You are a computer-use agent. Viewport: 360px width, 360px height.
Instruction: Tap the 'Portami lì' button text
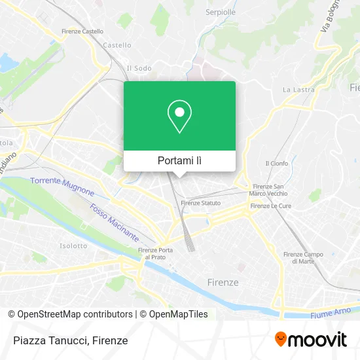pos(179,160)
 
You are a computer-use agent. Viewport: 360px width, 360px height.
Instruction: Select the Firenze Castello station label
pos(82,31)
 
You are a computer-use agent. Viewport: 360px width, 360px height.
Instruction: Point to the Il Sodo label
pos(138,67)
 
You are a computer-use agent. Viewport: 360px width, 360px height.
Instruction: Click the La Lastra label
pos(295,89)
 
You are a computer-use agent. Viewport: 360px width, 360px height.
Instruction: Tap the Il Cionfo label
pos(276,163)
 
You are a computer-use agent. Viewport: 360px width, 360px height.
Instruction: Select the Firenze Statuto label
pos(201,203)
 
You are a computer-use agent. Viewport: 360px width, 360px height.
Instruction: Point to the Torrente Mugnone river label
pos(62,187)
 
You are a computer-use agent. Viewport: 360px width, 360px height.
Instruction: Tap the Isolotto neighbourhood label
pos(73,246)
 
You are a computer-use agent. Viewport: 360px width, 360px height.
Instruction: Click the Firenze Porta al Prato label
pos(155,253)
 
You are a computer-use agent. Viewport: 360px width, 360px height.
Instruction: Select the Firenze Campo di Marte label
pos(303,257)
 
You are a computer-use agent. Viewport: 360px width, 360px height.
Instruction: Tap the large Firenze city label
pos(223,282)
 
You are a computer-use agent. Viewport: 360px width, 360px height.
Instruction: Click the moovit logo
pos(310,339)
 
